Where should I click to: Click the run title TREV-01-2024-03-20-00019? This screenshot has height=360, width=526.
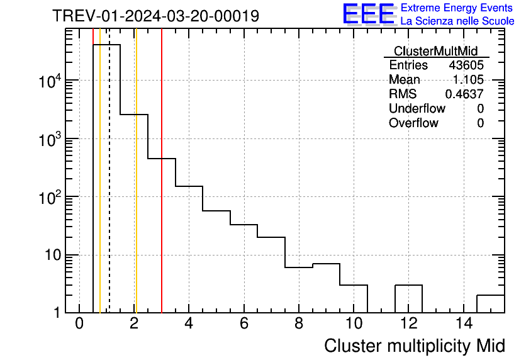click(155, 16)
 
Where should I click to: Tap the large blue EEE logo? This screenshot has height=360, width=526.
click(368, 14)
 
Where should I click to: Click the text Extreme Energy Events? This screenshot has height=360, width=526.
click(456, 8)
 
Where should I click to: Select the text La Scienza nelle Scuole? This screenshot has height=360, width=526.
click(457, 21)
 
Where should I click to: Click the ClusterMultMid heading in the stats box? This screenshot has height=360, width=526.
click(435, 51)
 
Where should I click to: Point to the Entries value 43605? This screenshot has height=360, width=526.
click(466, 65)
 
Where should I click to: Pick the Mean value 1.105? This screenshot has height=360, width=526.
click(468, 80)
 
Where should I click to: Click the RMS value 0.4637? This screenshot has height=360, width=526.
click(464, 94)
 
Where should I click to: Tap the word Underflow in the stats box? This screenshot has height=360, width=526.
click(417, 109)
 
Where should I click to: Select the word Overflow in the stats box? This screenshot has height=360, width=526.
click(413, 123)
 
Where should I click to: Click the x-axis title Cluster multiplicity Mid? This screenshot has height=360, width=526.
click(414, 346)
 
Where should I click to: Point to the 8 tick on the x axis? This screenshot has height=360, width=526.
click(299, 323)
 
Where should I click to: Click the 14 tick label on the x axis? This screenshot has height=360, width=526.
click(463, 323)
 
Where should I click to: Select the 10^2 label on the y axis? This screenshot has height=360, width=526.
click(50, 197)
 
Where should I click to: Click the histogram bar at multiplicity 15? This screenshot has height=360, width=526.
click(491, 303)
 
